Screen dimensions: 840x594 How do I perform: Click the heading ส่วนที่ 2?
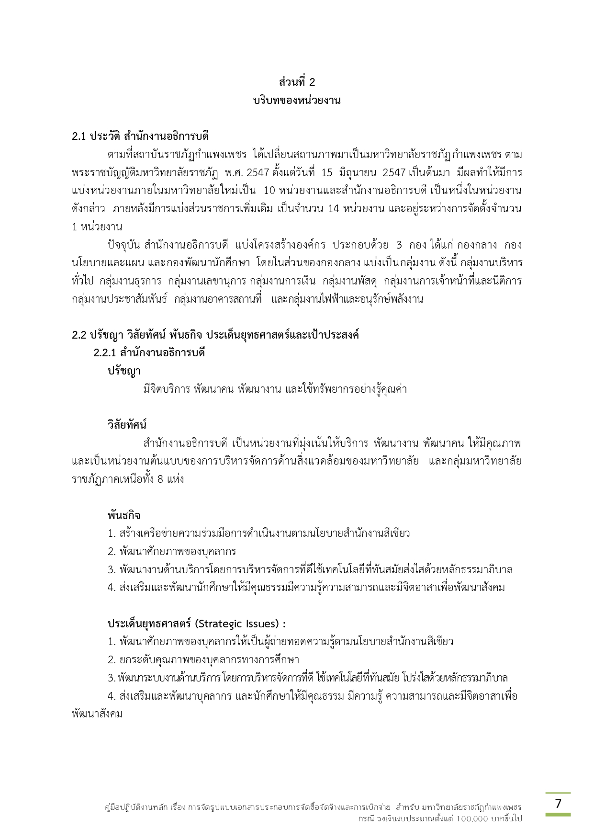point(297,82)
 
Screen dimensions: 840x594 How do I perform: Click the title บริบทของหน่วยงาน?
point(297,101)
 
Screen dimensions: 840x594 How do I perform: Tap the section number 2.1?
point(78,136)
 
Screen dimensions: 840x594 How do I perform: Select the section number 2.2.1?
point(104,353)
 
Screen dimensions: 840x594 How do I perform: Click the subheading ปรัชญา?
point(123,371)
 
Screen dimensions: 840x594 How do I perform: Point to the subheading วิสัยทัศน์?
point(127,425)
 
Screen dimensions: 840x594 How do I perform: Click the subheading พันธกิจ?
point(123,515)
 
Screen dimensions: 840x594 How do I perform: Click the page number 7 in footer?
point(558,803)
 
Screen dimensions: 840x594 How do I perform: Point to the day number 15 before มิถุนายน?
point(326,172)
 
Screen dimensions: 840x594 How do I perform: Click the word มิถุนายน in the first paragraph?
point(358,172)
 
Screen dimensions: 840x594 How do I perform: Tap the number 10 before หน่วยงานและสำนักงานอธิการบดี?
point(269,191)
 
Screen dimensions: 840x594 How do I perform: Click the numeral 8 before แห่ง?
point(160,479)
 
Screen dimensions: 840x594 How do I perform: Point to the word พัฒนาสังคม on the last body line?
point(97,714)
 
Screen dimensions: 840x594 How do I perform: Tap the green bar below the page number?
point(558,814)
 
